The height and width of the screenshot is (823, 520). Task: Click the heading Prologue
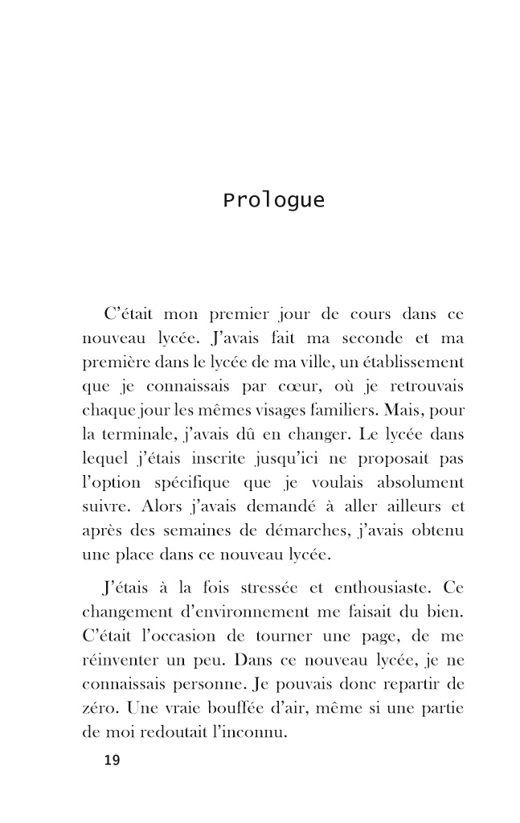273,200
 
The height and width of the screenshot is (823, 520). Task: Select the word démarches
326,531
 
